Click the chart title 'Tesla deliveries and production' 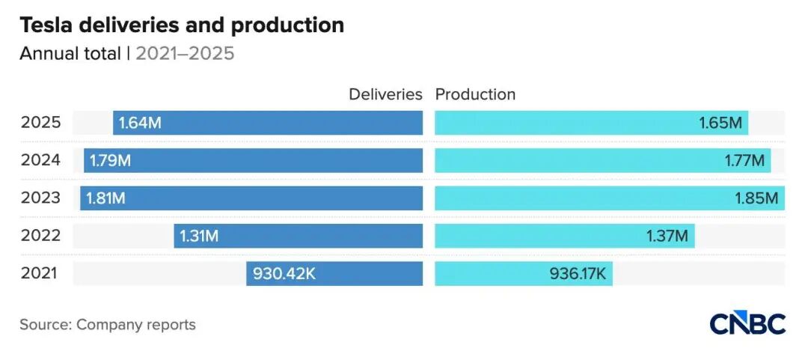click(182, 25)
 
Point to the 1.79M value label click(110, 160)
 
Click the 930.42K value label click(284, 273)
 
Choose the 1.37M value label click(667, 236)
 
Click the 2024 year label click(40, 160)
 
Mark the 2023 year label click(40, 198)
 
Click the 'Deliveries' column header click(385, 94)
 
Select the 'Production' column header click(475, 94)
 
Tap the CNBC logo click(747, 323)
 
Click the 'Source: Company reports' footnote click(108, 325)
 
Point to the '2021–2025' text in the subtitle click(185, 54)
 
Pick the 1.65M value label click(720, 123)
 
